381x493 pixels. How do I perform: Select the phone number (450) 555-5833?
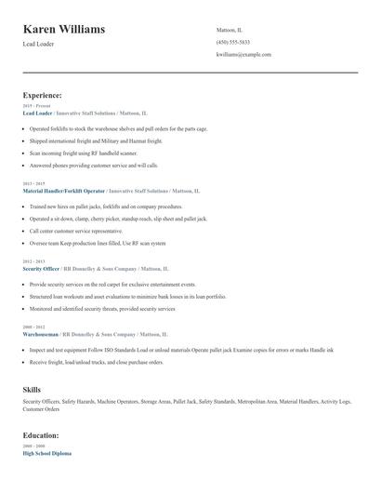(232, 42)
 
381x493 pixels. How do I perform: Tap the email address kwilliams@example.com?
(243, 55)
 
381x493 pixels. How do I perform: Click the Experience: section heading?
(42, 95)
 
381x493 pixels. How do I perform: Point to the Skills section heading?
(32, 389)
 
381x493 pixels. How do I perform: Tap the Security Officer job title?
(41, 268)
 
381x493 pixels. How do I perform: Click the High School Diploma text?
(46, 453)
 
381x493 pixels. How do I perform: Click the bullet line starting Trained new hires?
(105, 206)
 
